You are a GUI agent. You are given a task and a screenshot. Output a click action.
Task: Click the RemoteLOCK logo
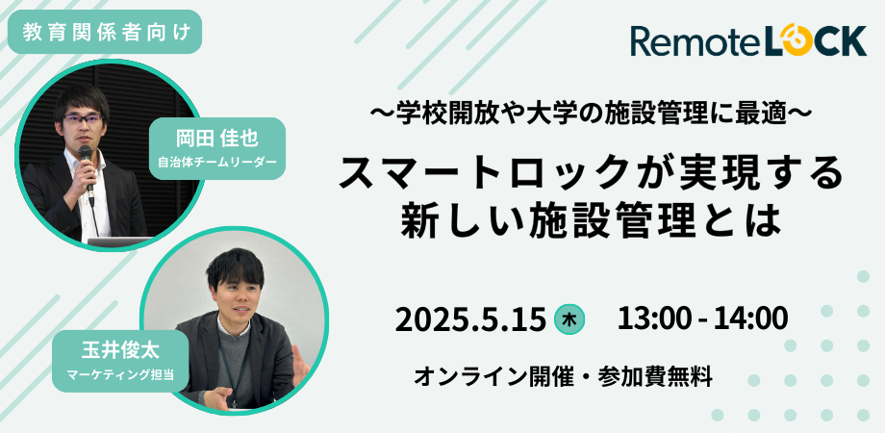click(x=748, y=40)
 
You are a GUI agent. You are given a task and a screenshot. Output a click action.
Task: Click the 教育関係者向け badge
click(x=105, y=32)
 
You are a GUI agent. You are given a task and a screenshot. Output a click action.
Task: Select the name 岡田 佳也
click(x=217, y=139)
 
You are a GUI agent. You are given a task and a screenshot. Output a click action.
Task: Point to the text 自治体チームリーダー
click(x=217, y=163)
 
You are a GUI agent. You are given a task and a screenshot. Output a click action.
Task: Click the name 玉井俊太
click(x=120, y=350)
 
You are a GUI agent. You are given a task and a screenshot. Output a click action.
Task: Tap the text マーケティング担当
click(x=120, y=373)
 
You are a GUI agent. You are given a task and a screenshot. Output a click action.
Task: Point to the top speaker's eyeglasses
click(x=83, y=118)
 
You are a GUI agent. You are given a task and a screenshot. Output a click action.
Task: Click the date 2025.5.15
click(x=470, y=320)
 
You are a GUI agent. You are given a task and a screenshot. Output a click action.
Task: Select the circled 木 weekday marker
click(x=569, y=320)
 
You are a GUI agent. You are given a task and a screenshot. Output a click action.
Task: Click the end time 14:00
click(x=750, y=318)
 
